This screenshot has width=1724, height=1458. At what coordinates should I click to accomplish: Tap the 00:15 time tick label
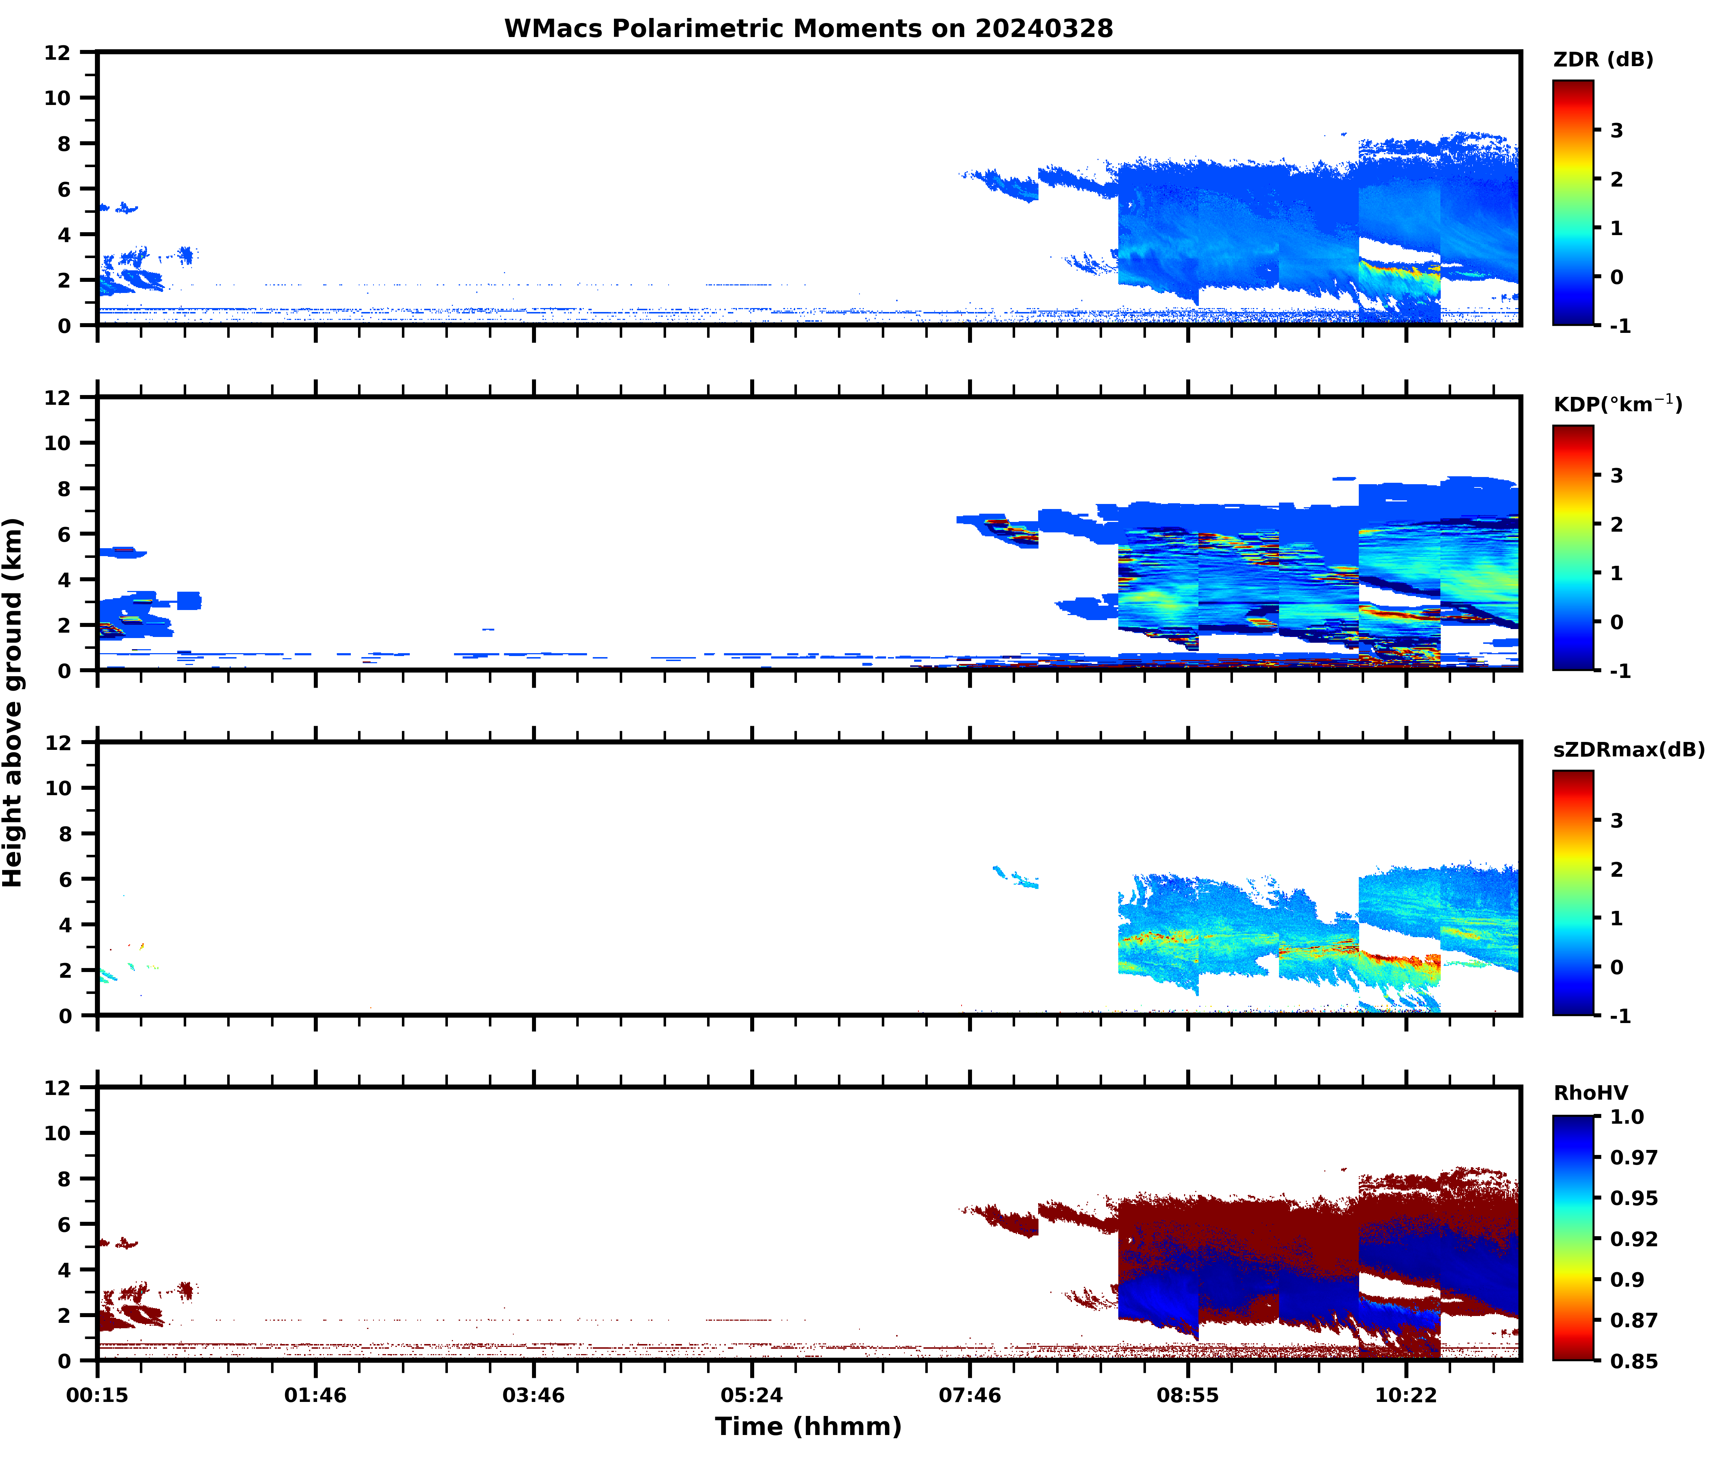97,1395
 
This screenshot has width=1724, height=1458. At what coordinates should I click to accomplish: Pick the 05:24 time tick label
751,1395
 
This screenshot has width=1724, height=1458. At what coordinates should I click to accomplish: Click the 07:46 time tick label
969,1395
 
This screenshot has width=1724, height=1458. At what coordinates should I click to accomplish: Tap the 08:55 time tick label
1188,1395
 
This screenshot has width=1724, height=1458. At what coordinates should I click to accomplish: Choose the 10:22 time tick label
1406,1395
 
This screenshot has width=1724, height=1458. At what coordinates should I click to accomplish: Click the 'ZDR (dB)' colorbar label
1603,60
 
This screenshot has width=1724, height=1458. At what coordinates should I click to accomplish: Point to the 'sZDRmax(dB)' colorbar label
1628,749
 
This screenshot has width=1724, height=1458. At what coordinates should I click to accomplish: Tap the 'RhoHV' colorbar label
1590,1093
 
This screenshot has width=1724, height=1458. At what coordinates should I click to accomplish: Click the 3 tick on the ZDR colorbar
1617,130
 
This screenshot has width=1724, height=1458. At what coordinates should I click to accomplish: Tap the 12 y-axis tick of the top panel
58,52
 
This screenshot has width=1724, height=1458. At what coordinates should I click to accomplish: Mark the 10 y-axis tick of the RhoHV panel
58,1133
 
